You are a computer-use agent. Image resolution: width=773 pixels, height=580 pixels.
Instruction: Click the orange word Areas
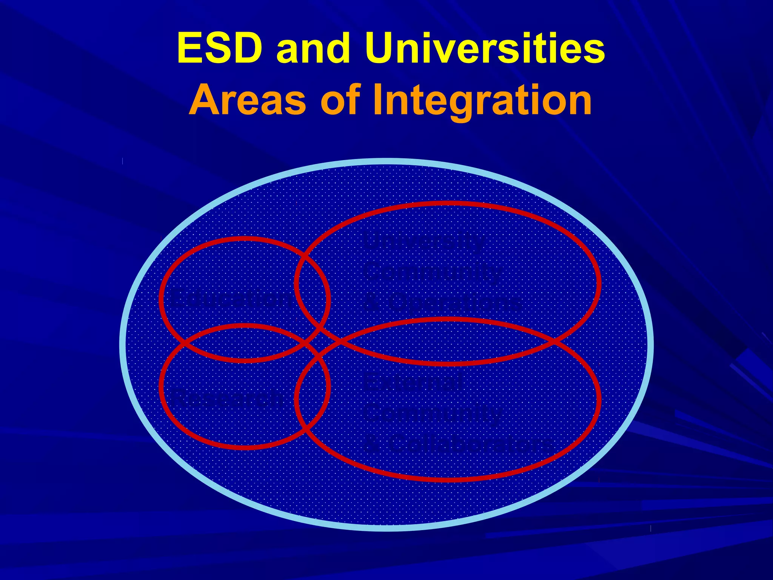coord(247,100)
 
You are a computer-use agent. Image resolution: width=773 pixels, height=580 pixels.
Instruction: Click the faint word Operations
coord(455,302)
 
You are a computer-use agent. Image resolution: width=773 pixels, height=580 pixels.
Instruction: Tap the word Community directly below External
coord(432,414)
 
